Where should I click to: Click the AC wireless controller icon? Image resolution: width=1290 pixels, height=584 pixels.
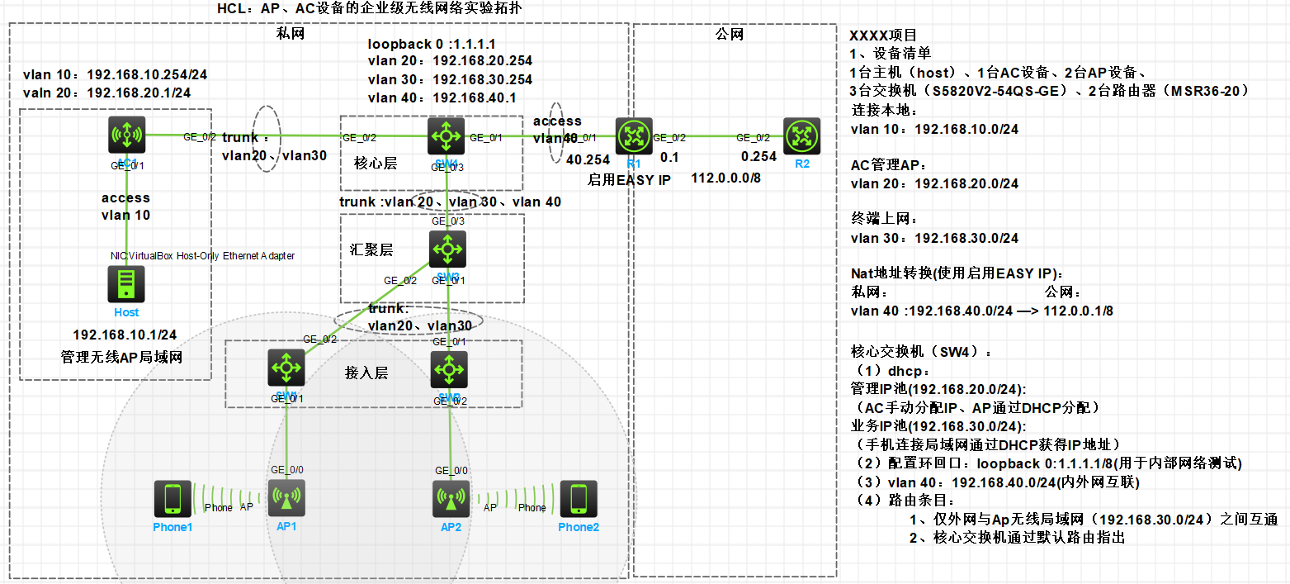[x=126, y=135]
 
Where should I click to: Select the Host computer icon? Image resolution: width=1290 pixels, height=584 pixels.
[x=126, y=285]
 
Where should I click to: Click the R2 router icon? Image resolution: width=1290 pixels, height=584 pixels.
[x=802, y=135]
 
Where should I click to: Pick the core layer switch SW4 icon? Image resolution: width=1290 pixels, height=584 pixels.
[x=447, y=135]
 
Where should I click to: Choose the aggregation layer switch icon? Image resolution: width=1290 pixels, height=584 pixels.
[x=447, y=249]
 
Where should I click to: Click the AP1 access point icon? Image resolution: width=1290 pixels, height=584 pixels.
[x=286, y=499]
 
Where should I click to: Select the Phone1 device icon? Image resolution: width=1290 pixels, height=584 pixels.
[x=172, y=499]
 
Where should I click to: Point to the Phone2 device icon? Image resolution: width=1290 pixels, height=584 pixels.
[x=579, y=499]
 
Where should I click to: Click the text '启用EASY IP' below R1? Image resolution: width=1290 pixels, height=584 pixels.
[x=629, y=180]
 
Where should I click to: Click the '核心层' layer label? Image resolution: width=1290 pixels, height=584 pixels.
[x=376, y=164]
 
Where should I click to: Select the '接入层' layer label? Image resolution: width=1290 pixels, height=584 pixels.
[x=366, y=373]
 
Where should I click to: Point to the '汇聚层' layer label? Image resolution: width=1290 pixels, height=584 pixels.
[x=371, y=249]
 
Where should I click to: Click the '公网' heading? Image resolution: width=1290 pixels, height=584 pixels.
[x=730, y=35]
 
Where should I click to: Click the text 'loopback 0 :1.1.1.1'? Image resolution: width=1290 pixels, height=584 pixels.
[x=432, y=43]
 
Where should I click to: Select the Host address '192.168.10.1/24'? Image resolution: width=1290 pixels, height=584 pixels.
[x=125, y=335]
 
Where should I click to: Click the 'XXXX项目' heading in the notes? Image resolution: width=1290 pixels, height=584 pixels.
[x=882, y=36]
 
